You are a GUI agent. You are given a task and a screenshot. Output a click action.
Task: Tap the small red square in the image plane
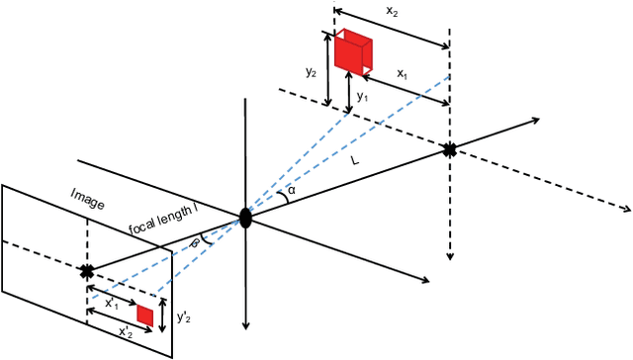coord(145,315)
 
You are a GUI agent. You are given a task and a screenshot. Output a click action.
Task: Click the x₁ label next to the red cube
coord(403,73)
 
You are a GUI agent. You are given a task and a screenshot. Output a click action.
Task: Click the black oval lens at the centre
coord(245,218)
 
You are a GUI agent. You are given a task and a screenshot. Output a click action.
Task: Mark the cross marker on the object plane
coord(450,149)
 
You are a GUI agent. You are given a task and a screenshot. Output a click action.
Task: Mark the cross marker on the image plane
coord(86,270)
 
